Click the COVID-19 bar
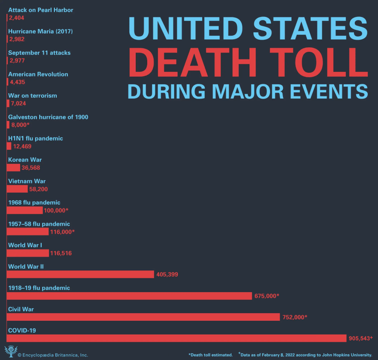pos(176,338)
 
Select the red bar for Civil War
pos(143,317)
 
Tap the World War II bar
pos(80,274)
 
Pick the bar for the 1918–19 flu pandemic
pos(129,295)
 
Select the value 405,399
pos(167,274)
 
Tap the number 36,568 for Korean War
pos(31,168)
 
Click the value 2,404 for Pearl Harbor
pos(17,18)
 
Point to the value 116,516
pos(61,253)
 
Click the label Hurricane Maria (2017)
pos(40,31)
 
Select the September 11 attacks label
pos(39,53)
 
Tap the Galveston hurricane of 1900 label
pos(48,117)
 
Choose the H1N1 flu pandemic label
pos(36,138)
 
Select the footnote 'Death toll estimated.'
pos(210,355)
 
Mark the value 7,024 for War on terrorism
pos(19,103)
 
